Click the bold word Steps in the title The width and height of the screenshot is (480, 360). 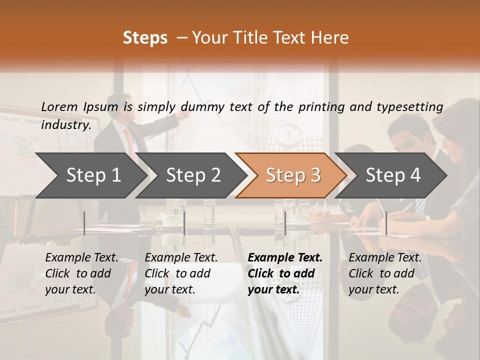point(145,38)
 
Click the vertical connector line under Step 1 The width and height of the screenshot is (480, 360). point(84,223)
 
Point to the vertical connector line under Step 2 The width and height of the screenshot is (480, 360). point(184,223)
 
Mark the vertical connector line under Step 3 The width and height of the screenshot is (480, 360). point(285,223)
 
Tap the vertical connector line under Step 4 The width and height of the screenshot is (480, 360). point(386,223)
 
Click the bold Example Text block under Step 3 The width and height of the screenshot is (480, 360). point(285,273)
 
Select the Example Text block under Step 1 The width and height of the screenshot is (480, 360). point(81,273)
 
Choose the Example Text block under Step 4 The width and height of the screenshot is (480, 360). point(385,273)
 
